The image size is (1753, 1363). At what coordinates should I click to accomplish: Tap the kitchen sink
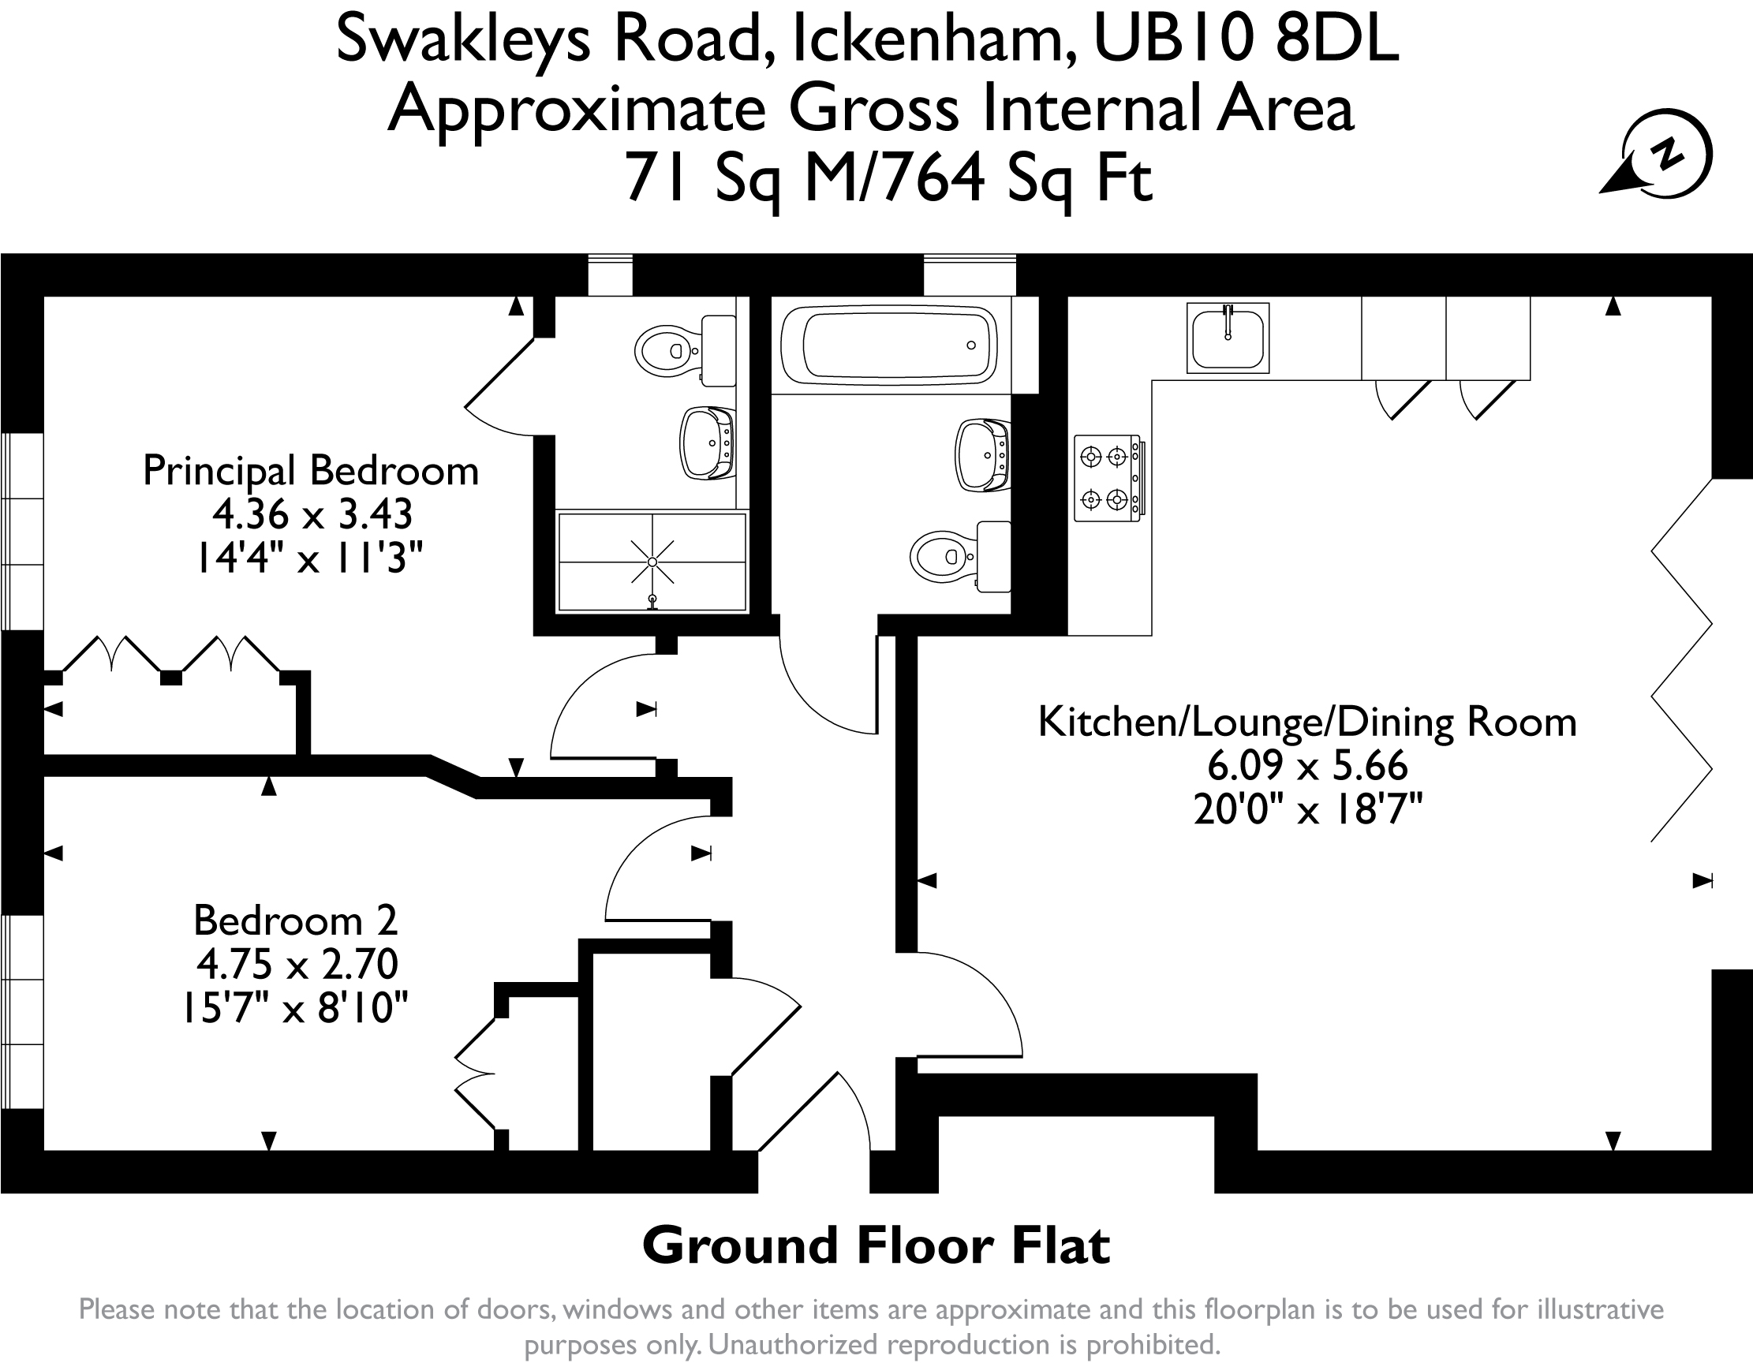tap(1228, 338)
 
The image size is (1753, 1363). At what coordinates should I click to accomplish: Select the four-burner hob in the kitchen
tap(1109, 479)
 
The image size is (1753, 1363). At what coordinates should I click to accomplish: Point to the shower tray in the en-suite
tap(652, 562)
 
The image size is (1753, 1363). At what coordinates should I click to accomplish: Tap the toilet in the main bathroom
tap(960, 556)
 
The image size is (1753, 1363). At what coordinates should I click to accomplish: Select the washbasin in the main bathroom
tap(982, 454)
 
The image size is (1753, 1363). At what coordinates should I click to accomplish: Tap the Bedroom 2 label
tap(295, 920)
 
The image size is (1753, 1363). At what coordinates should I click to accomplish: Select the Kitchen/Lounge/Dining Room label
tap(1307, 723)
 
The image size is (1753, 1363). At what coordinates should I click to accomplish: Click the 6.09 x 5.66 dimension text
tap(1307, 766)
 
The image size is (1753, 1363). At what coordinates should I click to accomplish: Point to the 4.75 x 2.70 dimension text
tap(297, 964)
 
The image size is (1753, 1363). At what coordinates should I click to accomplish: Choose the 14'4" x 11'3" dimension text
tap(310, 557)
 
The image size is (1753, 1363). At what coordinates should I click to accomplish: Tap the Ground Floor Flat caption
tap(876, 1245)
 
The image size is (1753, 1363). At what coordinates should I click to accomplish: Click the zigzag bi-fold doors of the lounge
tap(1681, 661)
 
